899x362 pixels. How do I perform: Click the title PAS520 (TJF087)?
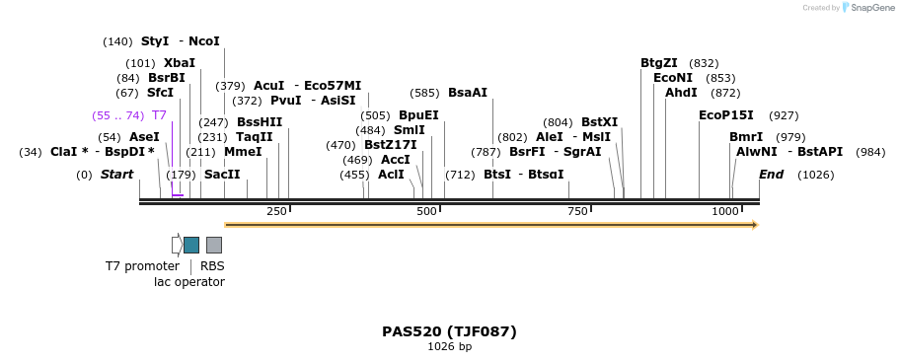coord(449,331)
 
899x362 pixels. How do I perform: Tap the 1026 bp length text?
coord(449,347)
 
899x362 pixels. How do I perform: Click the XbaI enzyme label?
coord(180,63)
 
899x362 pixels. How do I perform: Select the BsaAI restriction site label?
coord(468,93)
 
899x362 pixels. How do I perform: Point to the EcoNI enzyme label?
coord(673,78)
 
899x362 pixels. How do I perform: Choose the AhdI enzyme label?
coord(681,93)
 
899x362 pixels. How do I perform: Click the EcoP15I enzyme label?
coord(725,115)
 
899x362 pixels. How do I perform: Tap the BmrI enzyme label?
coord(746,137)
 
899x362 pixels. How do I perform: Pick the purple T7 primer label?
coord(159,115)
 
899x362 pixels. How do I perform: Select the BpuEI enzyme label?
coord(418,115)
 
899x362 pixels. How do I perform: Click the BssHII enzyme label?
coord(260,122)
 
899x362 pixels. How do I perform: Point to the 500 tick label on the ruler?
coord(426,211)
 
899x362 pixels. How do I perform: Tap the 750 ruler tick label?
coord(577,211)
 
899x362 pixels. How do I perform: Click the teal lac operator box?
coord(191,245)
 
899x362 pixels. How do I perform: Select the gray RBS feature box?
coord(213,245)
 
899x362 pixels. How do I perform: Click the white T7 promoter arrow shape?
coord(177,245)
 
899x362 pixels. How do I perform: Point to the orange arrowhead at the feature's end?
coord(754,225)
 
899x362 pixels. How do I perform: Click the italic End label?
coord(771,175)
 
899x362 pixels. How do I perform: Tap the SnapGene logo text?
coord(873,8)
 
